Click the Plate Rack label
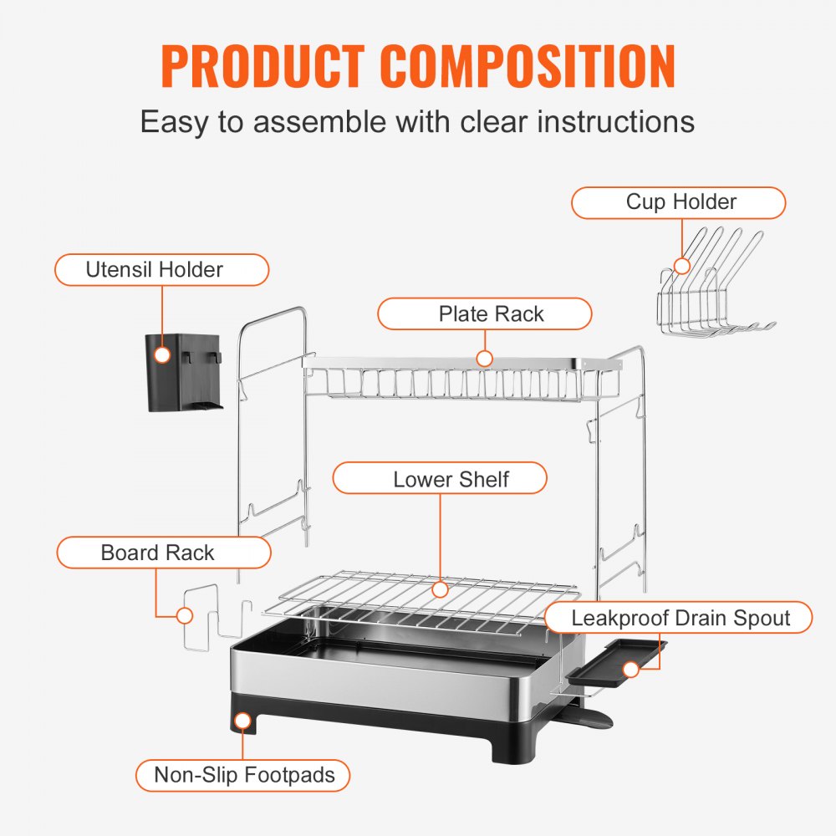pyautogui.click(x=484, y=314)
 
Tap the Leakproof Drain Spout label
pyautogui.click(x=678, y=618)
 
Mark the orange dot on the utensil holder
pyautogui.click(x=162, y=355)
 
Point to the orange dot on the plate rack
pyautogui.click(x=484, y=359)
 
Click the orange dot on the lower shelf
pyautogui.click(x=440, y=589)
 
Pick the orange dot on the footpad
pyautogui.click(x=242, y=721)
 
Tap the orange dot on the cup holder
pyautogui.click(x=682, y=266)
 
